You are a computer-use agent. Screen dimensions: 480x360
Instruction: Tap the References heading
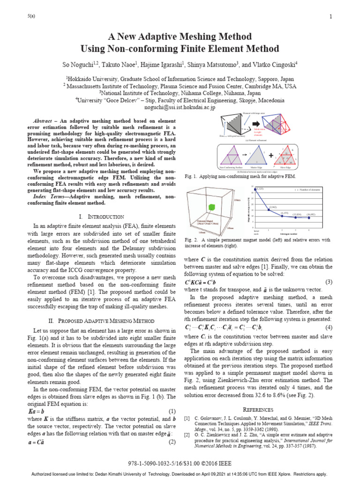[x=258, y=409]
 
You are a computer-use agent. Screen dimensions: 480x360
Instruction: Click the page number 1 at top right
[x=331, y=17]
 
